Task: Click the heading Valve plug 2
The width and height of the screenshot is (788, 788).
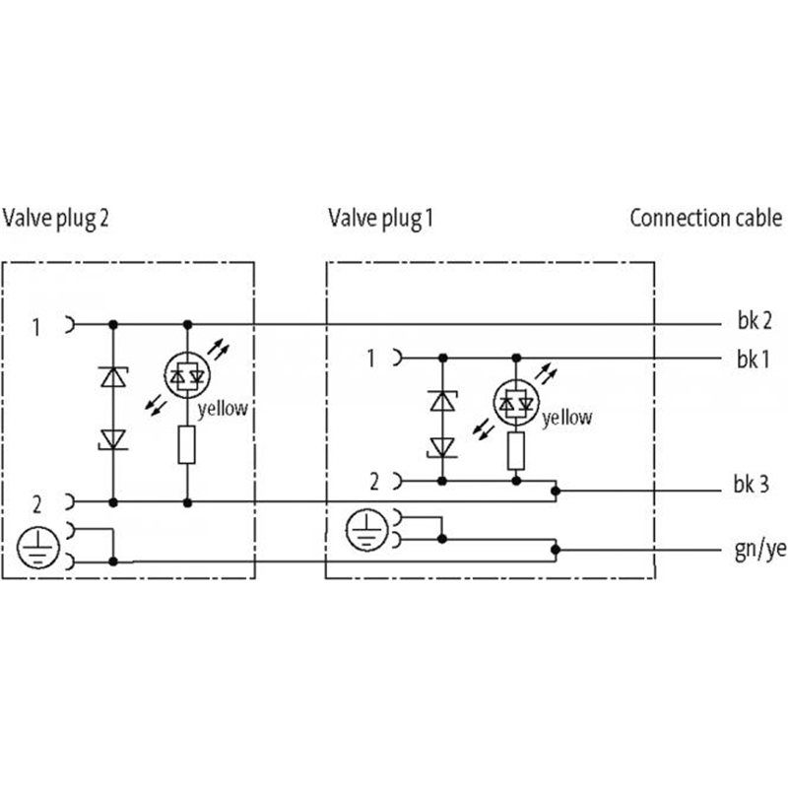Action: pyautogui.click(x=56, y=218)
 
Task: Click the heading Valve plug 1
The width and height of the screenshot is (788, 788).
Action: pyautogui.click(x=380, y=218)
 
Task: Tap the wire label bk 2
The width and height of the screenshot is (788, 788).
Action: pyautogui.click(x=754, y=321)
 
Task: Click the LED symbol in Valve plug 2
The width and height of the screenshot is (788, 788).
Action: pyautogui.click(x=187, y=375)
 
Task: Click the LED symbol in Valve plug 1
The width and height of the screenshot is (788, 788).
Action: pyautogui.click(x=515, y=402)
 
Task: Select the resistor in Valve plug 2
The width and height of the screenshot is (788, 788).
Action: pyautogui.click(x=187, y=444)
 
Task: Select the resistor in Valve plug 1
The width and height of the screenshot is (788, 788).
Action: pyautogui.click(x=515, y=452)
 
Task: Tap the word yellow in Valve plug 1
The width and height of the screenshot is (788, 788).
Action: pyautogui.click(x=568, y=418)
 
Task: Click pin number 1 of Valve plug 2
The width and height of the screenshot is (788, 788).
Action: pyautogui.click(x=36, y=326)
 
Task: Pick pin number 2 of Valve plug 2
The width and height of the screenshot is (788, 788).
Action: pyautogui.click(x=36, y=504)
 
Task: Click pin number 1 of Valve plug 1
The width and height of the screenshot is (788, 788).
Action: pyautogui.click(x=370, y=359)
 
